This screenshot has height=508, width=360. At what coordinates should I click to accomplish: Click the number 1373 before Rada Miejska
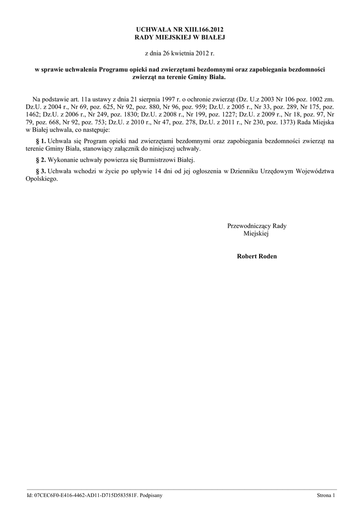pyautogui.click(x=285, y=122)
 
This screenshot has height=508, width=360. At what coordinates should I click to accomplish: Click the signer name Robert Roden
pyautogui.click(x=257, y=256)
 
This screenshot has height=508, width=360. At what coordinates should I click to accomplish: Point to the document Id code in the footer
pyautogui.click(x=82, y=495)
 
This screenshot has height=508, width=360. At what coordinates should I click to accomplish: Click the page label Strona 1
pyautogui.click(x=326, y=495)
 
